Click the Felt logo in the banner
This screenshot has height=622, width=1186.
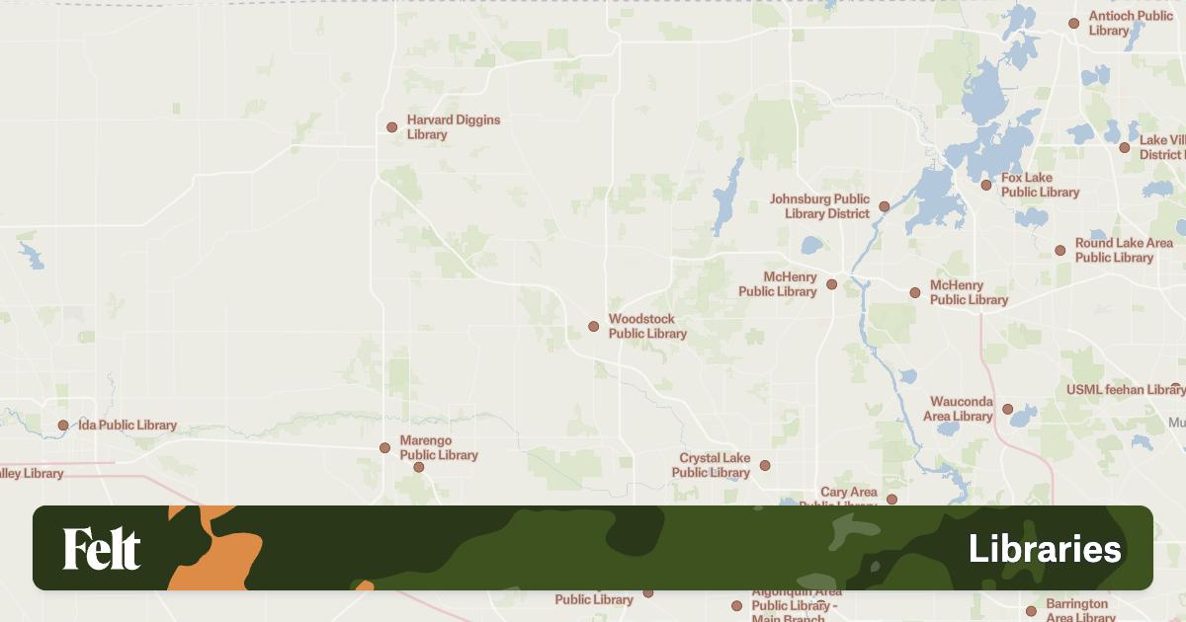[x=102, y=549]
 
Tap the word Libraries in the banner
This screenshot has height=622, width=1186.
[x=1045, y=549]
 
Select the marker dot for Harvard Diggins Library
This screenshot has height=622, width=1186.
[x=391, y=127]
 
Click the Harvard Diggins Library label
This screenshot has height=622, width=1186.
[x=454, y=127]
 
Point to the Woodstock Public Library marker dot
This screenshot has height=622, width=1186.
[x=593, y=326]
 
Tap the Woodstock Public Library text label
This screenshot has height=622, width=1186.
[x=647, y=326]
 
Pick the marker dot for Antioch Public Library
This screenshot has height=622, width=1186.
[x=1073, y=23]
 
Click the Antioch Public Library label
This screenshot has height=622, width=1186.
[x=1131, y=23]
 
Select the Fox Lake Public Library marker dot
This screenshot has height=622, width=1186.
[x=985, y=185]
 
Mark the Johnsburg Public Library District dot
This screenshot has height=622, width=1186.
[x=884, y=206]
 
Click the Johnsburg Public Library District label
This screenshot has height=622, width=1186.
[x=819, y=206]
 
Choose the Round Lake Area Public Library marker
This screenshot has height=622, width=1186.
[x=1059, y=250]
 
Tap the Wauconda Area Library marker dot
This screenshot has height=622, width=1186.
[x=1007, y=409]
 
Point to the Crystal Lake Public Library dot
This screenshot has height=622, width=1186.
[x=764, y=465]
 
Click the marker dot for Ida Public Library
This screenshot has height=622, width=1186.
[x=63, y=426]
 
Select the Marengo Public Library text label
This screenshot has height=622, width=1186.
[x=438, y=447]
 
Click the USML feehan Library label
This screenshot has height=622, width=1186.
[x=1125, y=390]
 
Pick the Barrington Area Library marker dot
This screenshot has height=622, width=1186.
[x=1031, y=610]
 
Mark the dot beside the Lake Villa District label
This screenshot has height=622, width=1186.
[x=1124, y=147]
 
